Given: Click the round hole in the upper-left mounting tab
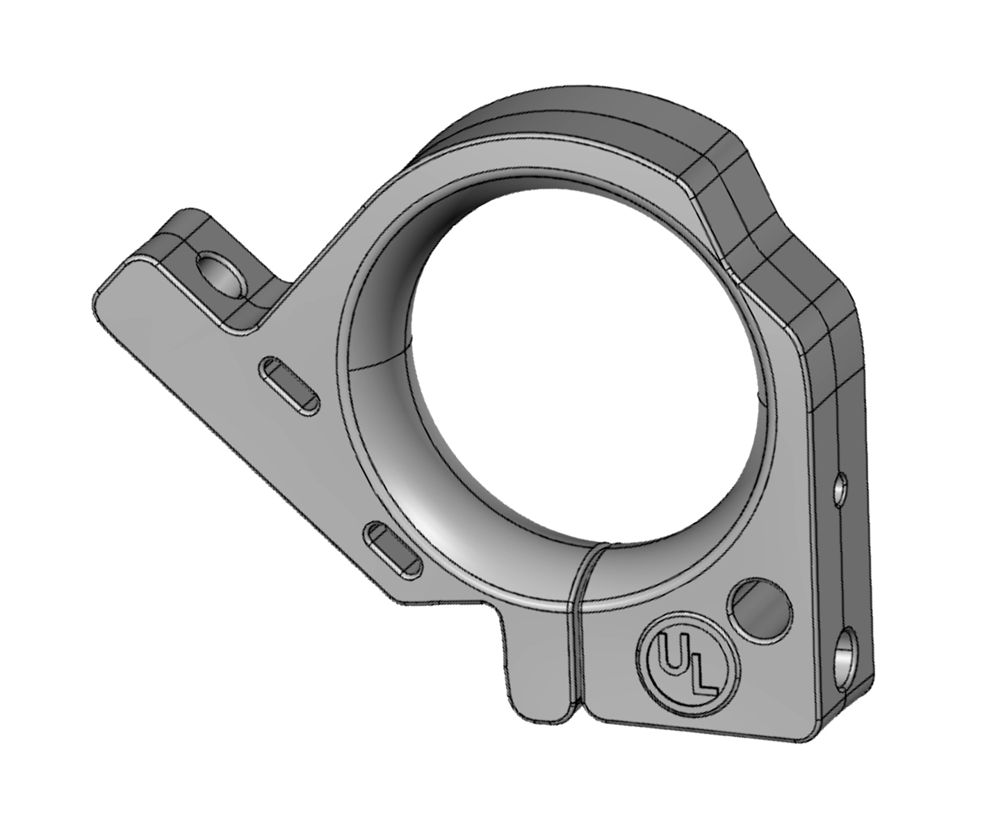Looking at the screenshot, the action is (x=221, y=276).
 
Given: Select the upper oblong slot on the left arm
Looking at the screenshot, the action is (x=289, y=386).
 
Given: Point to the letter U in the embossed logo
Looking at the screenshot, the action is (x=669, y=657).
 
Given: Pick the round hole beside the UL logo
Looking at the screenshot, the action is (x=760, y=610).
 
